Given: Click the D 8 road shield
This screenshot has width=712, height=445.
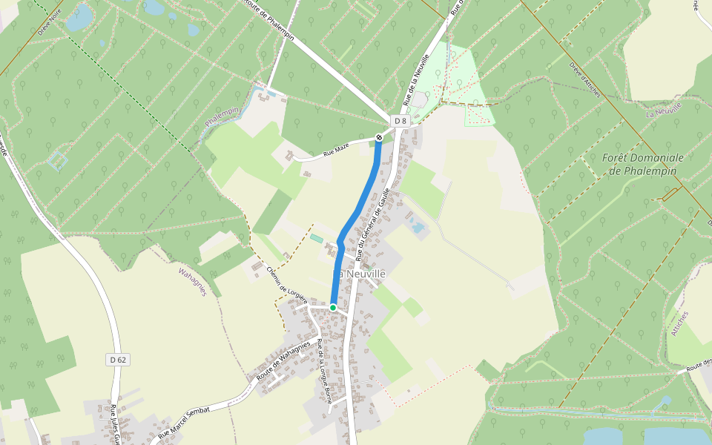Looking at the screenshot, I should tap(400, 120).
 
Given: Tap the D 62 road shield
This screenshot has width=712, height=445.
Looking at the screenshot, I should tap(118, 360).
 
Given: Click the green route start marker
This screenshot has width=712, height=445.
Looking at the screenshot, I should tap(333, 307).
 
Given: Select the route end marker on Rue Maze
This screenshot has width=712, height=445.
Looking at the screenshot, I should tap(379, 137).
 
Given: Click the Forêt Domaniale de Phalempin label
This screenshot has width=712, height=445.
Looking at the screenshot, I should tap(642, 164).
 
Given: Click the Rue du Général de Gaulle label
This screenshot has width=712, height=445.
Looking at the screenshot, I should tap(373, 223).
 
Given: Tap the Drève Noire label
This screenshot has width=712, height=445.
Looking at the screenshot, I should tap(49, 23).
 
